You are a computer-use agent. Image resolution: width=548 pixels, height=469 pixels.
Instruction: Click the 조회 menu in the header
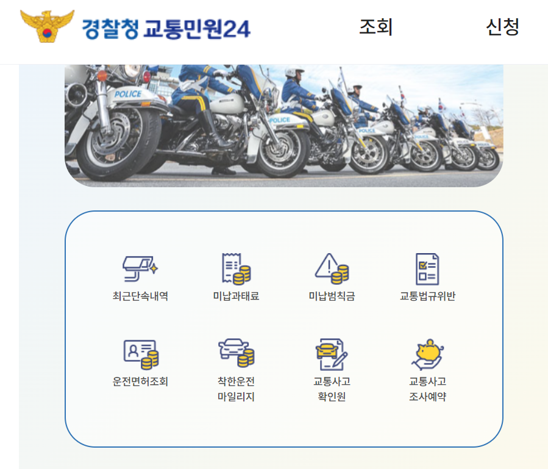click(x=376, y=27)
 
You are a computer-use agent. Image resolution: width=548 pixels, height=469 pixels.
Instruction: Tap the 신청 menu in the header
click(x=502, y=27)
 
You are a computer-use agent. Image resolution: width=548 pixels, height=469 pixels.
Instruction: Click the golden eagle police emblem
click(x=47, y=26)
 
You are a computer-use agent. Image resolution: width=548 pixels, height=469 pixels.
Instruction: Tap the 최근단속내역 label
click(x=140, y=296)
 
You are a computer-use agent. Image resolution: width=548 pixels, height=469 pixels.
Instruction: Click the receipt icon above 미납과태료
click(x=236, y=268)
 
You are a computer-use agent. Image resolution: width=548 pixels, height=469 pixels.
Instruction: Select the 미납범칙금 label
click(x=332, y=296)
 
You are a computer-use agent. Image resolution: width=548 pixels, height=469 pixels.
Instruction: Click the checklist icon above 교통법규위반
click(x=427, y=268)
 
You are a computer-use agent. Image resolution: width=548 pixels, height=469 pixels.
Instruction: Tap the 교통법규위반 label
click(x=427, y=296)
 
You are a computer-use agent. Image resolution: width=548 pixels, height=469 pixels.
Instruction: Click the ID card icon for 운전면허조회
click(x=140, y=354)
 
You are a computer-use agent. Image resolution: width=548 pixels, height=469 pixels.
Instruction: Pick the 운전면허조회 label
click(x=140, y=382)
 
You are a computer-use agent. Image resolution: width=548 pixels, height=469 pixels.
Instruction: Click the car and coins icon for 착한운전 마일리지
click(x=236, y=353)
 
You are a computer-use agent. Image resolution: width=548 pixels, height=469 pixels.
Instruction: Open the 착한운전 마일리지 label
click(x=236, y=389)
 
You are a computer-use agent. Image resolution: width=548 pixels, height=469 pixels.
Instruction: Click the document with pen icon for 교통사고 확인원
click(x=332, y=354)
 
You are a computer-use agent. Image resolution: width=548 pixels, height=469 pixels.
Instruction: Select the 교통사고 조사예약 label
click(x=427, y=389)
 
